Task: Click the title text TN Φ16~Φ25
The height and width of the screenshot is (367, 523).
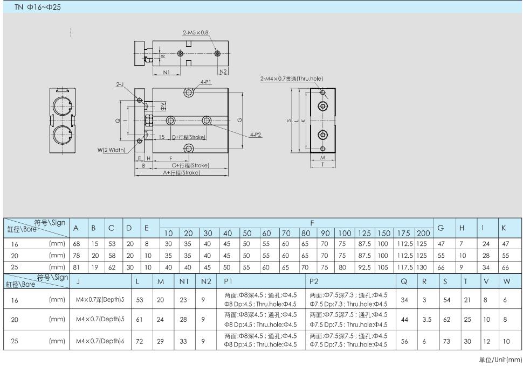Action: [x=37, y=7]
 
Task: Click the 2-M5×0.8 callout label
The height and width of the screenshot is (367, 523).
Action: [x=196, y=33]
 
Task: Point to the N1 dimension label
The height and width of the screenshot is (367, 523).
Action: [x=167, y=72]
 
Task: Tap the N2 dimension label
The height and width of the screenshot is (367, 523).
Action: [x=223, y=72]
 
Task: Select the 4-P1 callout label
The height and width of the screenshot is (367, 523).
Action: [x=206, y=82]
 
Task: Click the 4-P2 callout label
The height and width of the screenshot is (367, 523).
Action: [x=256, y=135]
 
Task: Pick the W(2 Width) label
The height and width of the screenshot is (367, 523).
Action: [x=112, y=150]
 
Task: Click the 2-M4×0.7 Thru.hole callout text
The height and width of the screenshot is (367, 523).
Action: [x=292, y=79]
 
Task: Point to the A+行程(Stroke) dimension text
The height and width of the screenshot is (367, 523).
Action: [x=182, y=173]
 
